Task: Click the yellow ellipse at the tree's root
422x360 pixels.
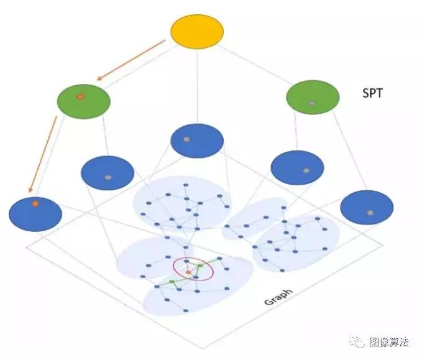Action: pos(196,32)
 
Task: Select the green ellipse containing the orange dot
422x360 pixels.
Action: pos(83,101)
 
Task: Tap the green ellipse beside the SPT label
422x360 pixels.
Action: pos(313,98)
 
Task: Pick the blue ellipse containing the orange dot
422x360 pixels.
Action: pos(35,213)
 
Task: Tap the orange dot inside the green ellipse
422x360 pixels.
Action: pos(80,97)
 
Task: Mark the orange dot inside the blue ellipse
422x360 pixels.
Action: pos(35,203)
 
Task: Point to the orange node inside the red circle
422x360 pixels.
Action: pos(188,272)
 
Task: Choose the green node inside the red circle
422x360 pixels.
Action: pos(200,266)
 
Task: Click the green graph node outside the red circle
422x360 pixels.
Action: pos(172,282)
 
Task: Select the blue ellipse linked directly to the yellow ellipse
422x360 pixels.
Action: pos(196,141)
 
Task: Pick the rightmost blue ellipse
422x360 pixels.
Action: pos(367,208)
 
